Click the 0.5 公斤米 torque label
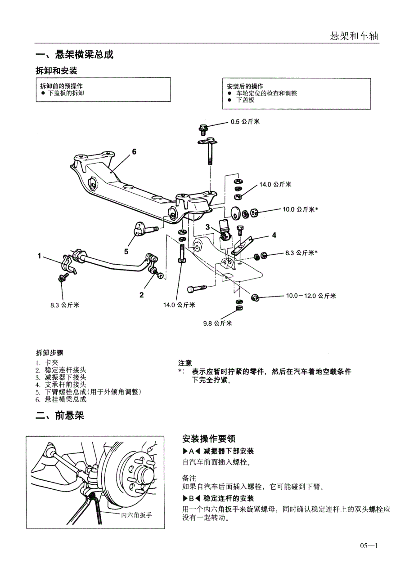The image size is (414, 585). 245,122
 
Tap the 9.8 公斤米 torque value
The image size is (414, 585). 217,323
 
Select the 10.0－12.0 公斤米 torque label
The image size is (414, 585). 311,296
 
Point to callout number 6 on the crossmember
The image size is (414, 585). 134,152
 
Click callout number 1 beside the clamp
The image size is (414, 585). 40,256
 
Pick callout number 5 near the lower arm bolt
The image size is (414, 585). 126,251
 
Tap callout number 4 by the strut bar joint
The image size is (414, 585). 274,235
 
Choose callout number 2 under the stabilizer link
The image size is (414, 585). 141,295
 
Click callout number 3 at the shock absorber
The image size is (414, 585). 208,227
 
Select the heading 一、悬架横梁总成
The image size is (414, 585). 74,55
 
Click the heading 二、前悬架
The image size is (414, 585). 60,416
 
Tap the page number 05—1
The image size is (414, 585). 369,546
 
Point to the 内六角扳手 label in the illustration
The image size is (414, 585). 137,515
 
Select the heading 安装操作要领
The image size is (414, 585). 209,439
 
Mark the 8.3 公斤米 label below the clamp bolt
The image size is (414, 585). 65,305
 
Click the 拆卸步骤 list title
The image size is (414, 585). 49,353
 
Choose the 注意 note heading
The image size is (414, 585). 185,363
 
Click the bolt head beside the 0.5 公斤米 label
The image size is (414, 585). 202,129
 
